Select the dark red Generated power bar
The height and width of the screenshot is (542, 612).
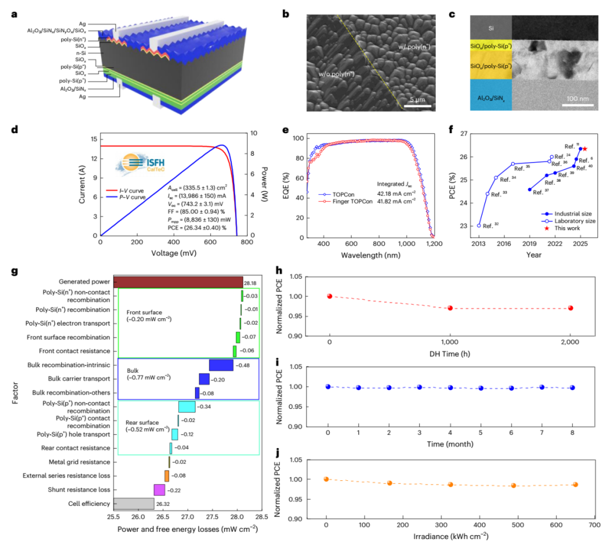178,281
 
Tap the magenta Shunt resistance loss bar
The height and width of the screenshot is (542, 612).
159,490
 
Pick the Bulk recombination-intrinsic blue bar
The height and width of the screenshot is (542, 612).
221,365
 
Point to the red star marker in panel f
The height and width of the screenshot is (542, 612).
585,149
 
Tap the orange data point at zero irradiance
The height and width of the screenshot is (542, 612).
326,479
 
